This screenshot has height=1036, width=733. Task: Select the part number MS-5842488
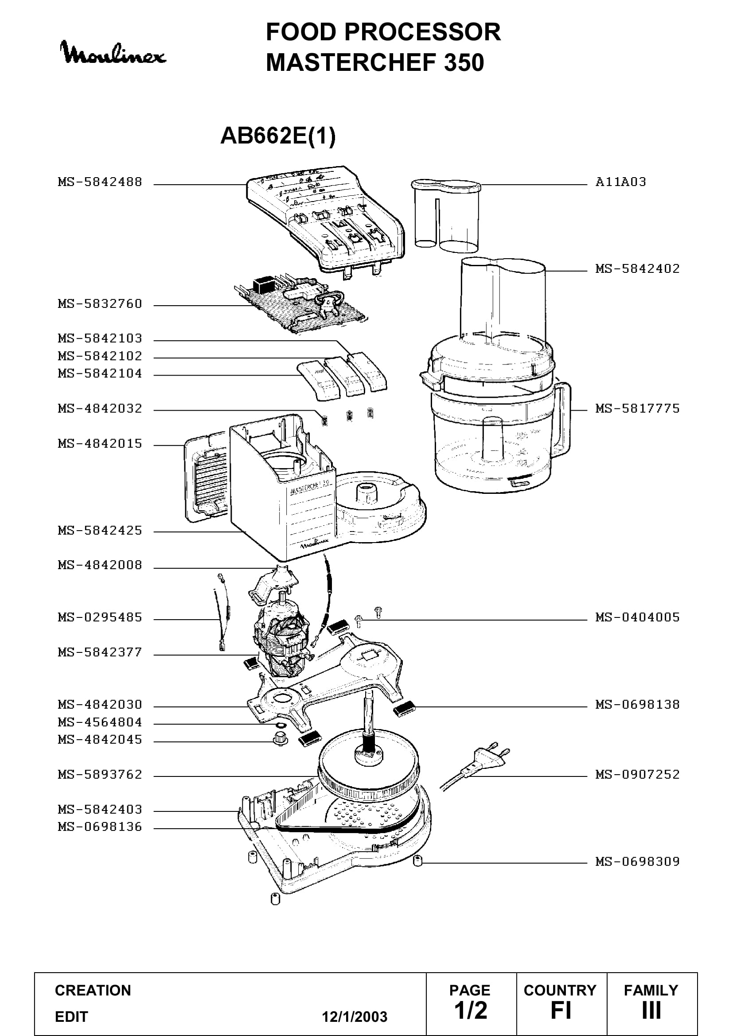click(x=100, y=182)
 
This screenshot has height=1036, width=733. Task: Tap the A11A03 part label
click(x=620, y=182)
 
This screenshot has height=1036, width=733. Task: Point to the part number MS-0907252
click(x=637, y=774)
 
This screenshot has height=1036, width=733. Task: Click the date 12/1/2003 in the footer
click(x=355, y=1017)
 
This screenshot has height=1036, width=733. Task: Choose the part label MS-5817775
click(x=637, y=408)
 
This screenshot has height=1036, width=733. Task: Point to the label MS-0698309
click(x=637, y=861)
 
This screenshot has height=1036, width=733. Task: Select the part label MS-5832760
click(x=100, y=304)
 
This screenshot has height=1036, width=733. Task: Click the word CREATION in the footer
click(x=93, y=990)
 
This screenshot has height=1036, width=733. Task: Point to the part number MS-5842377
click(x=100, y=652)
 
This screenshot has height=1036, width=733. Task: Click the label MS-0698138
click(x=637, y=704)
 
